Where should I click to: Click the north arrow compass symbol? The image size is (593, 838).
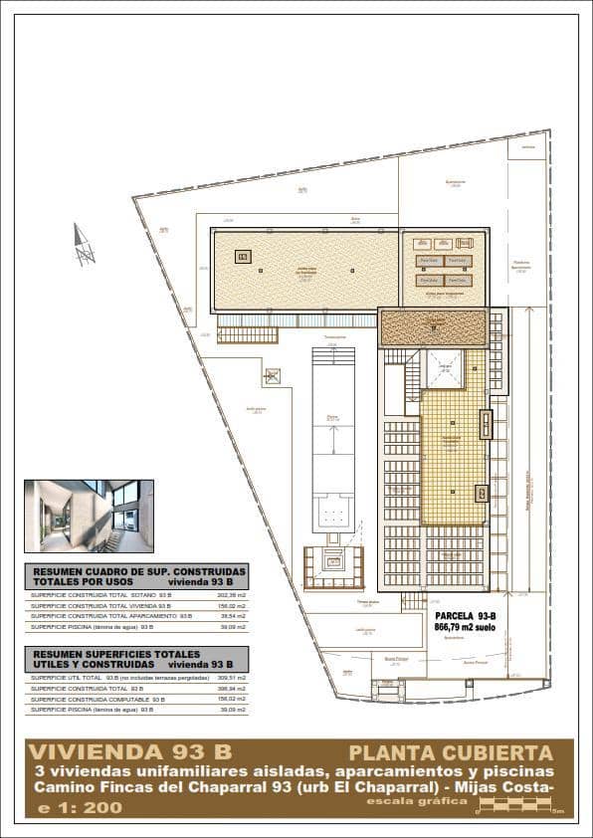84,245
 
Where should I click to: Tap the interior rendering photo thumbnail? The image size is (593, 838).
89,516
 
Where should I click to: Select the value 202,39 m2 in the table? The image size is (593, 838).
231,594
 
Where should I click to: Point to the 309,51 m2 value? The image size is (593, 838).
231,677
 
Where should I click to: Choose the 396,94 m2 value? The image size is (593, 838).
231,688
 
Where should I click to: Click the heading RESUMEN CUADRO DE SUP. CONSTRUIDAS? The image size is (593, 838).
119,572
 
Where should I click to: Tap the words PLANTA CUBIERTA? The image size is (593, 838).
450,752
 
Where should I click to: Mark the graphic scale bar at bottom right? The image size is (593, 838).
518,809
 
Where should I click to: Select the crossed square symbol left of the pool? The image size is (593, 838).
272,376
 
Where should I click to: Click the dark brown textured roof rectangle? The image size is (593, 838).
432,326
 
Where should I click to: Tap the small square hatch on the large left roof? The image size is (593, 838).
242,256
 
